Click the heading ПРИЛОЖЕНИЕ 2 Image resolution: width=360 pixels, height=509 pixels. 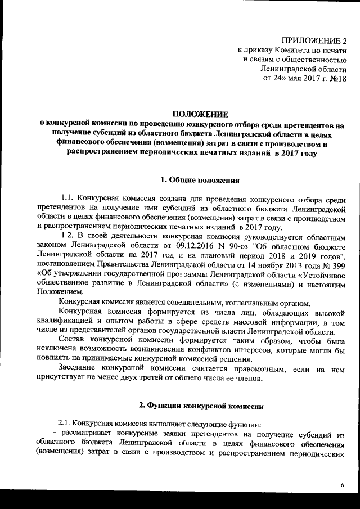click(x=315, y=41)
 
